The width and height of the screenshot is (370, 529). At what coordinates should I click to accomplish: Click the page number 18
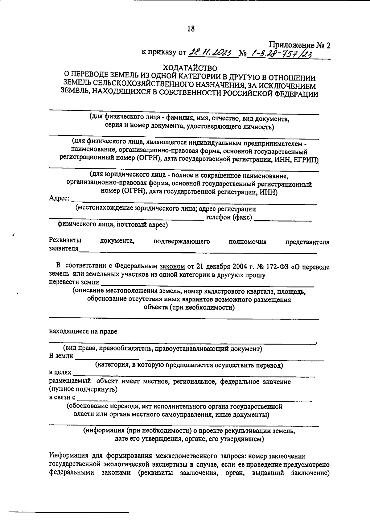pyautogui.click(x=191, y=29)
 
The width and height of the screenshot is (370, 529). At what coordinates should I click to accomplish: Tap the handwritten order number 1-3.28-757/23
pyautogui.click(x=281, y=54)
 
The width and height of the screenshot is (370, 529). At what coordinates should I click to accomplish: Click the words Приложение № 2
pyautogui.click(x=300, y=45)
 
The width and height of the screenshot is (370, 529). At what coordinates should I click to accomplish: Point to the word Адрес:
pyautogui.click(x=59, y=198)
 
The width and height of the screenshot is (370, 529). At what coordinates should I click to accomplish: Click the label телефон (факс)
pyautogui.click(x=229, y=217)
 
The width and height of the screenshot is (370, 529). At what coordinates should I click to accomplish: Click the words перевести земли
pyautogui.click(x=74, y=282)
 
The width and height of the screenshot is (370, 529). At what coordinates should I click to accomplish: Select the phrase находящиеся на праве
pyautogui.click(x=83, y=332)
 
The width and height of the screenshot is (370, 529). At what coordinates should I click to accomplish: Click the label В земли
pyautogui.click(x=61, y=356)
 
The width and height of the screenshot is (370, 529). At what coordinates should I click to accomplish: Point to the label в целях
pyautogui.click(x=60, y=373)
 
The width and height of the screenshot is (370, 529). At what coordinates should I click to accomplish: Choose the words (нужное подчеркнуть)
pyautogui.click(x=83, y=389)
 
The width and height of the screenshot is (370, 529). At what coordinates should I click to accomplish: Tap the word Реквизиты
pyautogui.click(x=65, y=241)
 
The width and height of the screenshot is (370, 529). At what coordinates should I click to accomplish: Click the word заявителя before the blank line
pyautogui.click(x=64, y=249)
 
